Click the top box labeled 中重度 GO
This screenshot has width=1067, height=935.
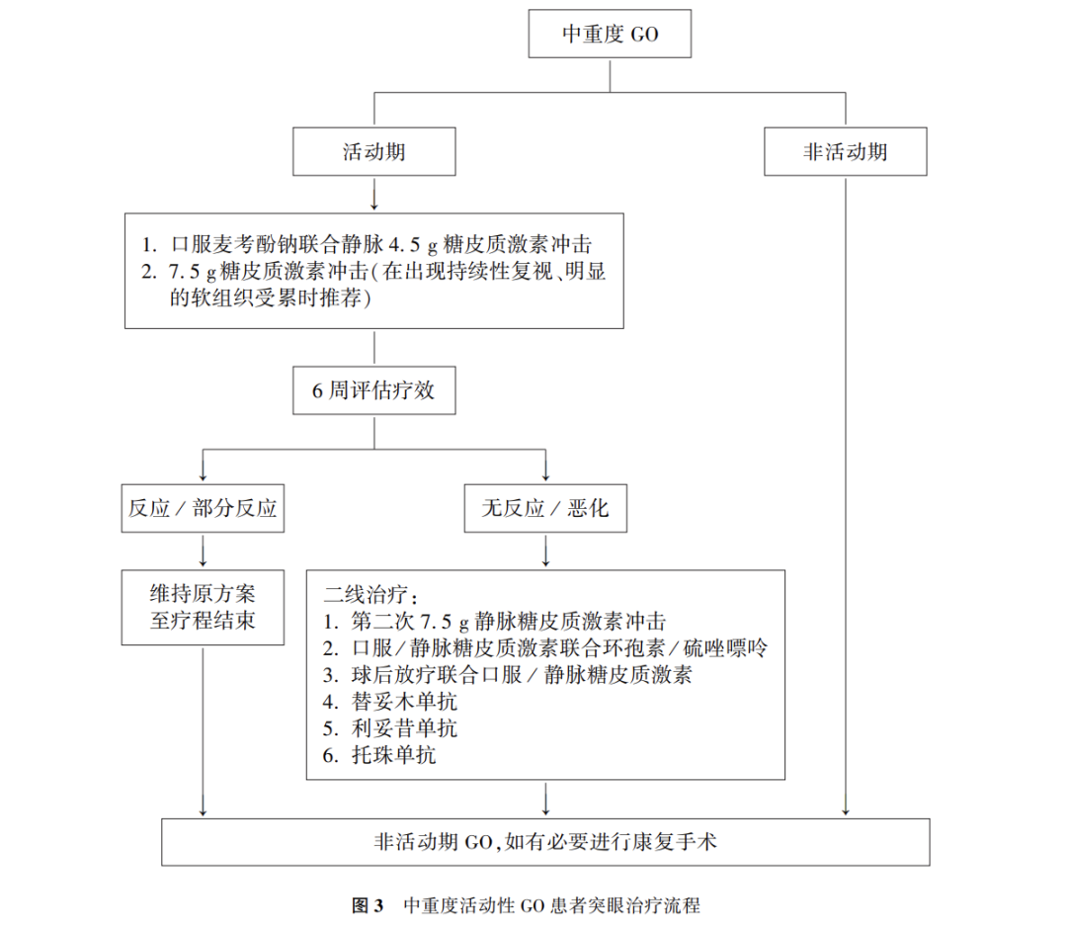click(610, 36)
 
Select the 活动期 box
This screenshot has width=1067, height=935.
click(373, 153)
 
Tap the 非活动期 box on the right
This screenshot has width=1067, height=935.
click(845, 153)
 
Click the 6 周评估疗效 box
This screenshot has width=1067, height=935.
click(373, 391)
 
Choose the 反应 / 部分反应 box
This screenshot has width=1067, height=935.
click(203, 510)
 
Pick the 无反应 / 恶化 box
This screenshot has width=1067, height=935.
click(545, 510)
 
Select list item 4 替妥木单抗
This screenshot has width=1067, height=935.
click(391, 704)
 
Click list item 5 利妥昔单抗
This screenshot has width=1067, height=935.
click(391, 730)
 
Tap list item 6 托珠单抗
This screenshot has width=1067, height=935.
click(380, 757)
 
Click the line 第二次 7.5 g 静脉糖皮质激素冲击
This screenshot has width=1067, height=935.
click(494, 623)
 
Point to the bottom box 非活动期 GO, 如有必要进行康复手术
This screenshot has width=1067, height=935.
click(545, 842)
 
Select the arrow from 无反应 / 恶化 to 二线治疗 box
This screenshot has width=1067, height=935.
click(545, 551)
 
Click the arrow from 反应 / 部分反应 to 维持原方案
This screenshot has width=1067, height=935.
click(203, 551)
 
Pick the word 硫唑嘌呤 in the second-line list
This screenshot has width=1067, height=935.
click(727, 649)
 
